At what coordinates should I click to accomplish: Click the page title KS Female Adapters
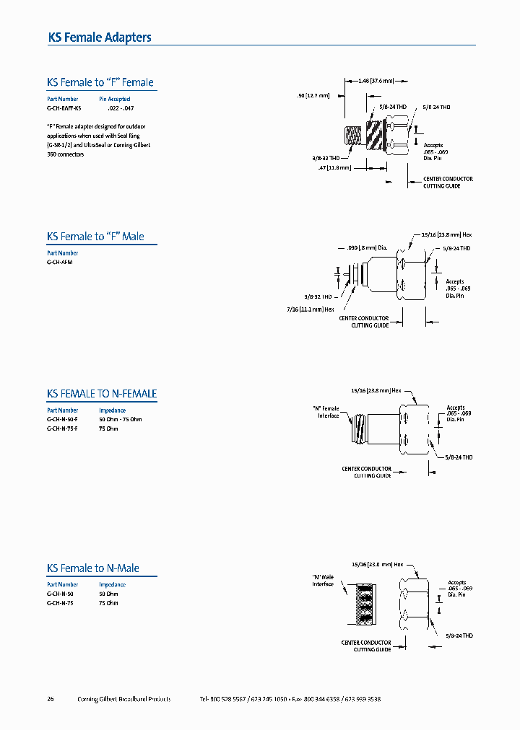click(x=100, y=38)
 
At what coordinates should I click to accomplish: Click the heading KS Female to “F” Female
click(x=100, y=82)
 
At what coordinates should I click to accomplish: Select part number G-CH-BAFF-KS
click(x=64, y=108)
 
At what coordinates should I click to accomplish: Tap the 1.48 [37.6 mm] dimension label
click(x=376, y=81)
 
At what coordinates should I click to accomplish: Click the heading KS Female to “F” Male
click(x=95, y=237)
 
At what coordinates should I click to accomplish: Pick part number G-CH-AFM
click(x=60, y=263)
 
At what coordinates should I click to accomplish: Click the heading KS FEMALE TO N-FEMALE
click(x=102, y=394)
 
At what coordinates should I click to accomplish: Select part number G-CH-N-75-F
click(x=62, y=428)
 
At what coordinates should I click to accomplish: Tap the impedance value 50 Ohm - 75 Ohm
click(x=121, y=419)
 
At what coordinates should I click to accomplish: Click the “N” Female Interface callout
click(x=326, y=412)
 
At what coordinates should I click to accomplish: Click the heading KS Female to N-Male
click(x=93, y=568)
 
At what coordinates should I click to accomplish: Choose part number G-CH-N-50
click(x=60, y=594)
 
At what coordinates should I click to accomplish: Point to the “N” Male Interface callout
click(x=324, y=580)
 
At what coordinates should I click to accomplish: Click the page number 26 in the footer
click(x=51, y=699)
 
